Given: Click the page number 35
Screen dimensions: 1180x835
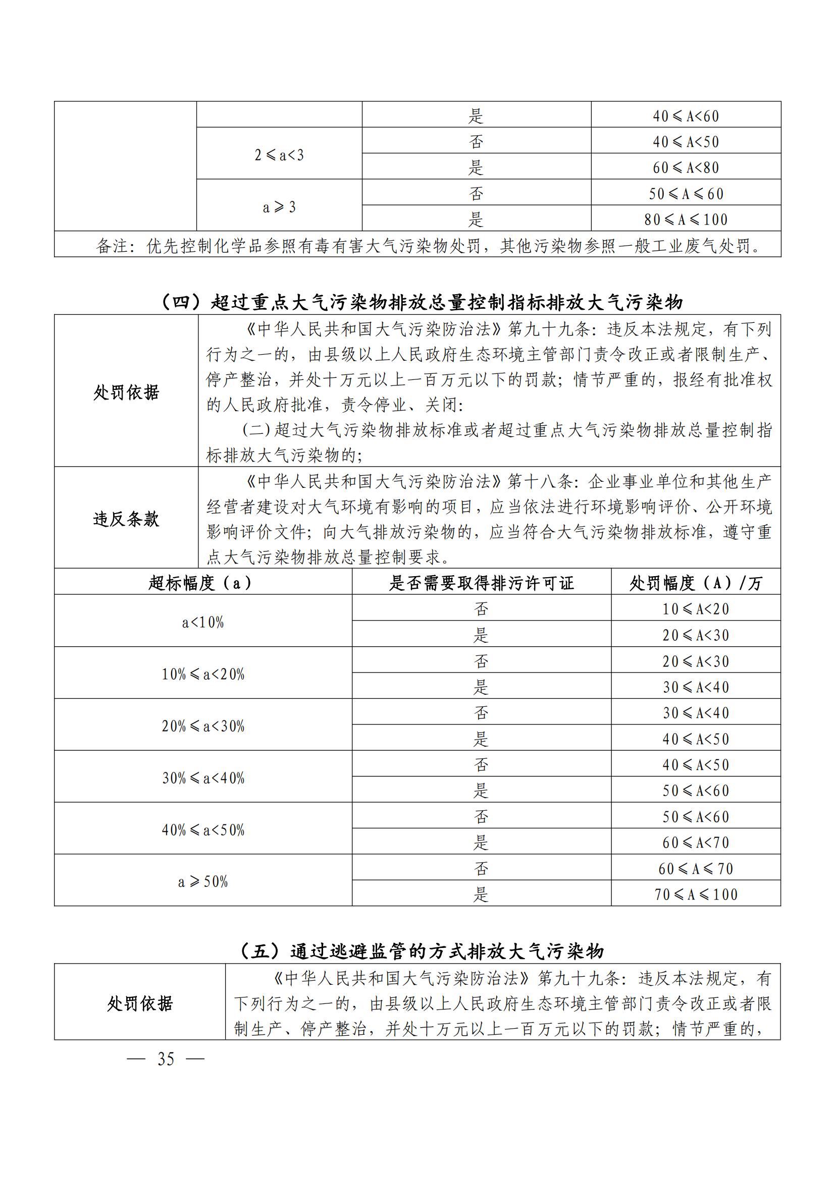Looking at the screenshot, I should point(166,1059).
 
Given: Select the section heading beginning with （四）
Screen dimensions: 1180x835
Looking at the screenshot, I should point(422,302).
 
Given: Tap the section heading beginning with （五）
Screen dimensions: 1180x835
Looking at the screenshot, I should point(422,951).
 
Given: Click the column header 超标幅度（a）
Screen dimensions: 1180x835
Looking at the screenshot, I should point(202,583).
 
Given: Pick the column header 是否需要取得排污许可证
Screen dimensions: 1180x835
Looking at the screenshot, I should point(481,583).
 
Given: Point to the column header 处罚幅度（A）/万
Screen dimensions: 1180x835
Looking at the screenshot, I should point(696,583).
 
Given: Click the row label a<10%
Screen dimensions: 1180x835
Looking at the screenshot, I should point(202,622).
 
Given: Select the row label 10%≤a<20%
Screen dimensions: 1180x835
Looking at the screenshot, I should point(202,674).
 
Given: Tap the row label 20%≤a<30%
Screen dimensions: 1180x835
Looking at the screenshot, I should point(202,725).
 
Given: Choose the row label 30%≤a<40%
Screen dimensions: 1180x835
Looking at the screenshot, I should point(202,777).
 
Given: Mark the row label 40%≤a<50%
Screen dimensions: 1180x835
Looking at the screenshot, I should point(202,829).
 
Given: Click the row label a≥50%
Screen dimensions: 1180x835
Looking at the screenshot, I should point(202,881).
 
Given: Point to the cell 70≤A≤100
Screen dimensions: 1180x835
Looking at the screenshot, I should point(696,894).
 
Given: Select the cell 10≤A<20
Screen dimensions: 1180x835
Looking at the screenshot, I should point(696,609).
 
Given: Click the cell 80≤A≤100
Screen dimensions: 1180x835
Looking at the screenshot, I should point(686,219).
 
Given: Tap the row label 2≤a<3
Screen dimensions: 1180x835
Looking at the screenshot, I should point(279,155).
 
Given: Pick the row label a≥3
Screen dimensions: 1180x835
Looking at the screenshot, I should point(279,207).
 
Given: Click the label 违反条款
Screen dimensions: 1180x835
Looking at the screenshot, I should point(126,519).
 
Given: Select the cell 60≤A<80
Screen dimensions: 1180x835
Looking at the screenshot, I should point(686,167).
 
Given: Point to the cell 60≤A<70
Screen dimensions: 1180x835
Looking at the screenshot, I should point(696,842).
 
